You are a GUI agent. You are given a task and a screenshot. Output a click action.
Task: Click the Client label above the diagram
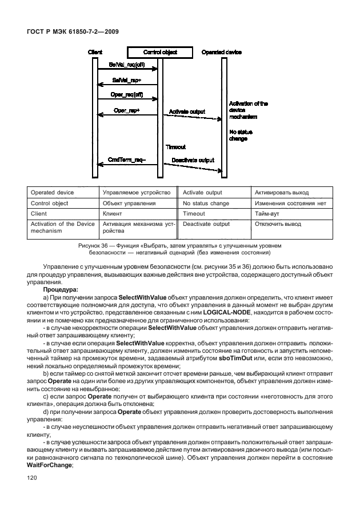(95, 52)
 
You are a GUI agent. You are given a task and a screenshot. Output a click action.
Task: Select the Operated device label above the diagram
(222, 52)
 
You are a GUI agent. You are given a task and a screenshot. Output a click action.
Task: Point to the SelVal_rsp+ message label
(126, 80)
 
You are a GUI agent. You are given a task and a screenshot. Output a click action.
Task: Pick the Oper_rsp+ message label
(127, 109)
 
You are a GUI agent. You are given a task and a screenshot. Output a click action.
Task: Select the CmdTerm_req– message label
(126, 160)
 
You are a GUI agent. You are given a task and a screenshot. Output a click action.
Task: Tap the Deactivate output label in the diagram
(191, 160)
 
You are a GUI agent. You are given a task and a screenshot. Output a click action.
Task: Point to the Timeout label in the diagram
(175, 146)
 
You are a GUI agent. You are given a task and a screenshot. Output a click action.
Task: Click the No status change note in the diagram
(241, 135)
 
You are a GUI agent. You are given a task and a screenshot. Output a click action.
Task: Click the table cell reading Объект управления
(129, 203)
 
